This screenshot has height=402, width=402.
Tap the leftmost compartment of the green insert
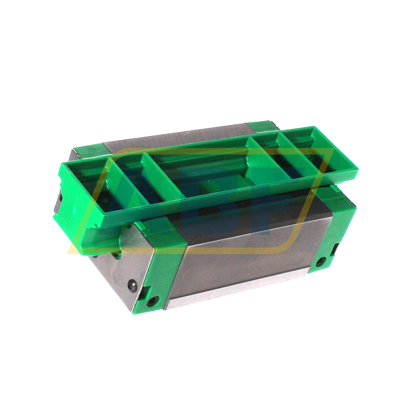point(88,184)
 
